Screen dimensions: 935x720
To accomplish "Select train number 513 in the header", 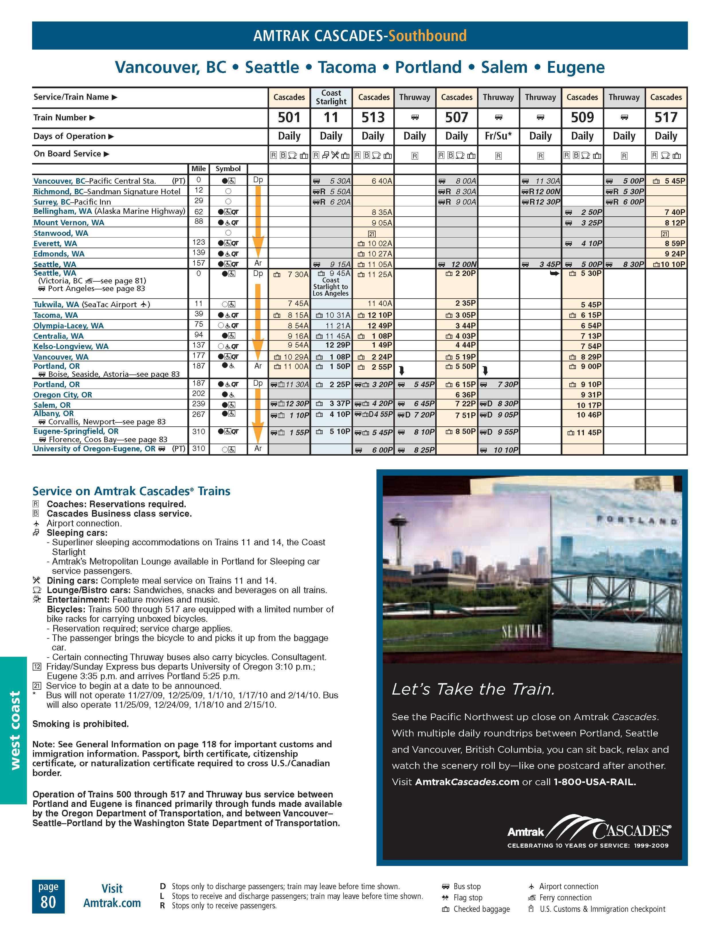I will tap(373, 117).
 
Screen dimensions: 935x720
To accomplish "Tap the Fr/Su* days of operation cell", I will tap(498, 136).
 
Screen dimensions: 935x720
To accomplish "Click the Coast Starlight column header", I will tap(331, 97).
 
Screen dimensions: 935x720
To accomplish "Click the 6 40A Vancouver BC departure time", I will tap(382, 181).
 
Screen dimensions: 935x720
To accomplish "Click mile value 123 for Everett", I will tap(199, 242).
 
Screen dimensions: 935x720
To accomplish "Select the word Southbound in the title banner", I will tap(427, 36).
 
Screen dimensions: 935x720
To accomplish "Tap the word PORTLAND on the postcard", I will tap(636, 521).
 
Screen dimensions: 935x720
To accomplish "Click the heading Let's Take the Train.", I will tap(473, 689).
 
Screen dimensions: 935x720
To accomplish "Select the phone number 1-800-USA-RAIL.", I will tap(595, 782).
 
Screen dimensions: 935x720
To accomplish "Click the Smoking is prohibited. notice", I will tap(81, 724).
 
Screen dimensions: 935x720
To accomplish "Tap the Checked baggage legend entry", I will tap(481, 909).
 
